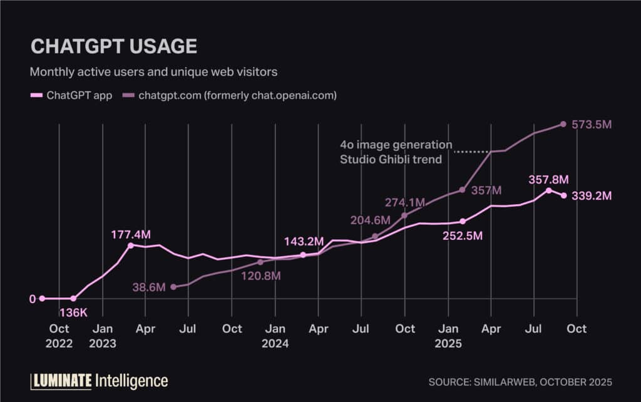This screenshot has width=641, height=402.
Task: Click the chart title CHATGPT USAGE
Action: [113, 46]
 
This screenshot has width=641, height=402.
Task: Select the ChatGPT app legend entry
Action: [72, 96]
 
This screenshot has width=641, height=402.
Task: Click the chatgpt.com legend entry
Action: [230, 96]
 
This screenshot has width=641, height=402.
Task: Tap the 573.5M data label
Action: [592, 125]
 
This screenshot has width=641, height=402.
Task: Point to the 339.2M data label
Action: [592, 196]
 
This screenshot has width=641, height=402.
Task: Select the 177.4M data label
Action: [131, 234]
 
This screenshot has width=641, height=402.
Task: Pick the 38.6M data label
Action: [149, 287]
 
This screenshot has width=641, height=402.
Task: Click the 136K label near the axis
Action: [73, 311]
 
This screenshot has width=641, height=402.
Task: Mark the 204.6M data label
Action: [370, 220]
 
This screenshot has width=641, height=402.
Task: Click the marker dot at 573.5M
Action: [563, 124]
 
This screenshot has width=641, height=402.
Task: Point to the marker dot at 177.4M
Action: [131, 245]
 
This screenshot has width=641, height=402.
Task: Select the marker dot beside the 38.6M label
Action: [173, 287]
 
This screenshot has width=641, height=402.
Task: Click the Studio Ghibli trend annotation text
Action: [391, 159]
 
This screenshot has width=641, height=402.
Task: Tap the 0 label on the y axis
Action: [33, 299]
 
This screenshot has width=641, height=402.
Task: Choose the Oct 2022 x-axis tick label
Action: [59, 336]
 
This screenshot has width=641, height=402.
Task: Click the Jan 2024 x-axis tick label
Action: [275, 336]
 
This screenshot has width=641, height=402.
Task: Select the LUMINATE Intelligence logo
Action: [99, 380]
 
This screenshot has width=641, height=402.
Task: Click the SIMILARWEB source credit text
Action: [520, 381]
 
